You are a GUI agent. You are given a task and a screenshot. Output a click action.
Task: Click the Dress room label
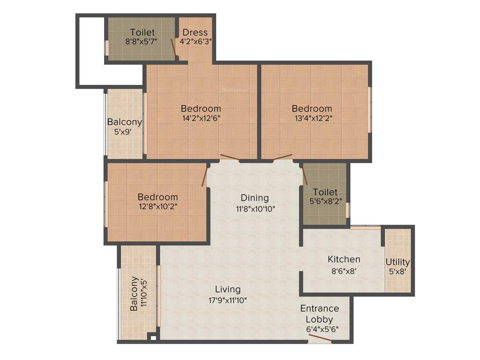(195, 32)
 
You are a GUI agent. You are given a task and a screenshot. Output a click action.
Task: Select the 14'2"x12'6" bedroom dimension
(201, 118)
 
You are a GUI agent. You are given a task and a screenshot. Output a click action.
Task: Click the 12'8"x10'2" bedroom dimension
(157, 206)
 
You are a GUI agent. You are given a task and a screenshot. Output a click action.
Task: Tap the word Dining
(255, 197)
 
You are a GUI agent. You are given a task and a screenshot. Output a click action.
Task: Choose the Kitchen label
(344, 259)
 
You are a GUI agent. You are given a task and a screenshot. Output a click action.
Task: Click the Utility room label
(397, 262)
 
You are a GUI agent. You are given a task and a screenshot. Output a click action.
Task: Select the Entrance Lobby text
(320, 314)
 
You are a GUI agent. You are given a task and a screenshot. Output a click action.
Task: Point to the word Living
(228, 289)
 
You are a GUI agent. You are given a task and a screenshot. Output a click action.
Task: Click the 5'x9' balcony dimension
(124, 132)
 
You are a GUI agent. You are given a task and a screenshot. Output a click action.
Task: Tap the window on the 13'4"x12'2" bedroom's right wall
(369, 109)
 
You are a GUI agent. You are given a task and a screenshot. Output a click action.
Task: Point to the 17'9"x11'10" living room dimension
(228, 300)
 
